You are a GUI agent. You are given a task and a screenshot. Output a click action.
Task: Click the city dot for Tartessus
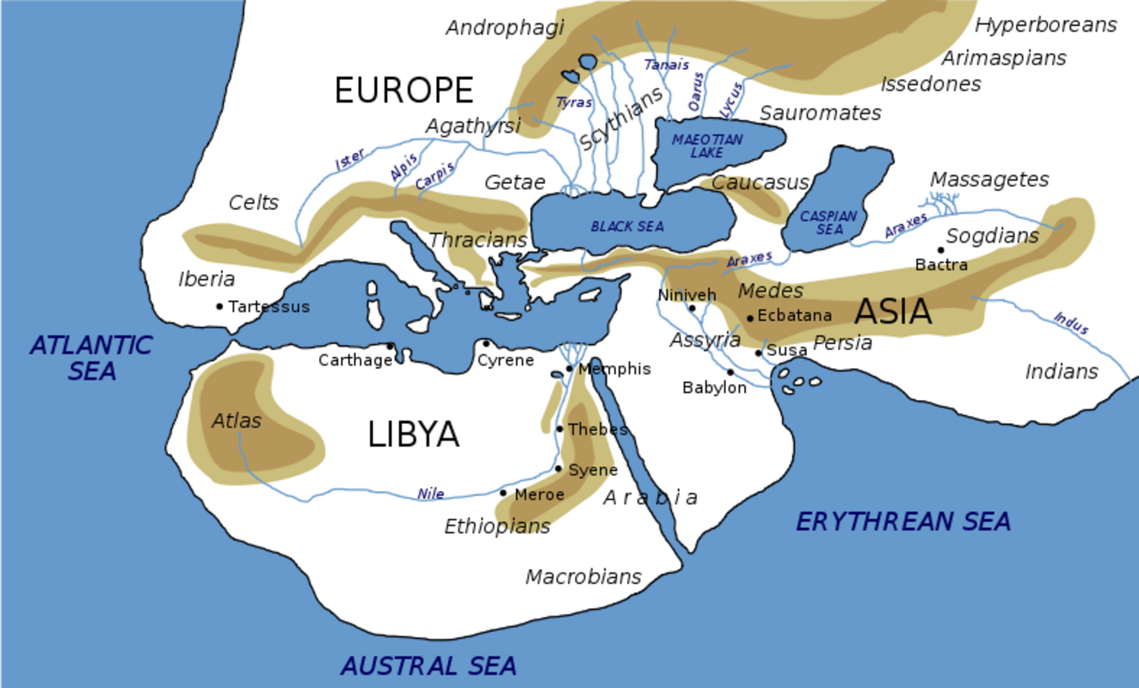[x=219, y=306]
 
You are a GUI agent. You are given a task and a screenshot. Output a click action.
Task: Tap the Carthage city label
[x=354, y=360]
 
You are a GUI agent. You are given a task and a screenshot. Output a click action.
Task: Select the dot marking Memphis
[x=569, y=369]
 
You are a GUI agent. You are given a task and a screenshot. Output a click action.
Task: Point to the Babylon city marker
[x=730, y=372]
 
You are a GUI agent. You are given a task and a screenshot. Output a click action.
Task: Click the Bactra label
[x=941, y=265]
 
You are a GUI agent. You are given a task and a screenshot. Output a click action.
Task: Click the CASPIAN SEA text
[x=828, y=223]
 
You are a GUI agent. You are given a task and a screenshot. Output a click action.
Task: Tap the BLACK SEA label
[x=627, y=227]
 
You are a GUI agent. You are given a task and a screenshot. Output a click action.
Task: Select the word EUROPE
[x=403, y=90]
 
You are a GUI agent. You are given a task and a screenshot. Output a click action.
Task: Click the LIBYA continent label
[x=413, y=435]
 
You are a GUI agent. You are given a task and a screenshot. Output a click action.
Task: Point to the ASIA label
[x=893, y=311]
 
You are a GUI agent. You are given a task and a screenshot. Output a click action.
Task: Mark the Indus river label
[x=1071, y=323]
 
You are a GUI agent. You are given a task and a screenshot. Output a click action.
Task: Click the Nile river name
[x=431, y=494]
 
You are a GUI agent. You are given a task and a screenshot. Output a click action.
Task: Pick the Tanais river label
[x=667, y=64]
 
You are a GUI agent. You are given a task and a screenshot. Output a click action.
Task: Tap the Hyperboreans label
[x=1045, y=25]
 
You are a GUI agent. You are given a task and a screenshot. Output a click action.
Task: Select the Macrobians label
[x=583, y=577]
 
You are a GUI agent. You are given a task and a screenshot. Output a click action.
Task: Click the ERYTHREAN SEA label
[x=902, y=521]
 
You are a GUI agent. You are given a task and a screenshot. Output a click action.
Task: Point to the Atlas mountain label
[x=236, y=421]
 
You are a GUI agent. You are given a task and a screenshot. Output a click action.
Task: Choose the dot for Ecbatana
[x=750, y=317]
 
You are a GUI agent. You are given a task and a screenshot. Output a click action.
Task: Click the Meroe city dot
[x=503, y=493]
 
